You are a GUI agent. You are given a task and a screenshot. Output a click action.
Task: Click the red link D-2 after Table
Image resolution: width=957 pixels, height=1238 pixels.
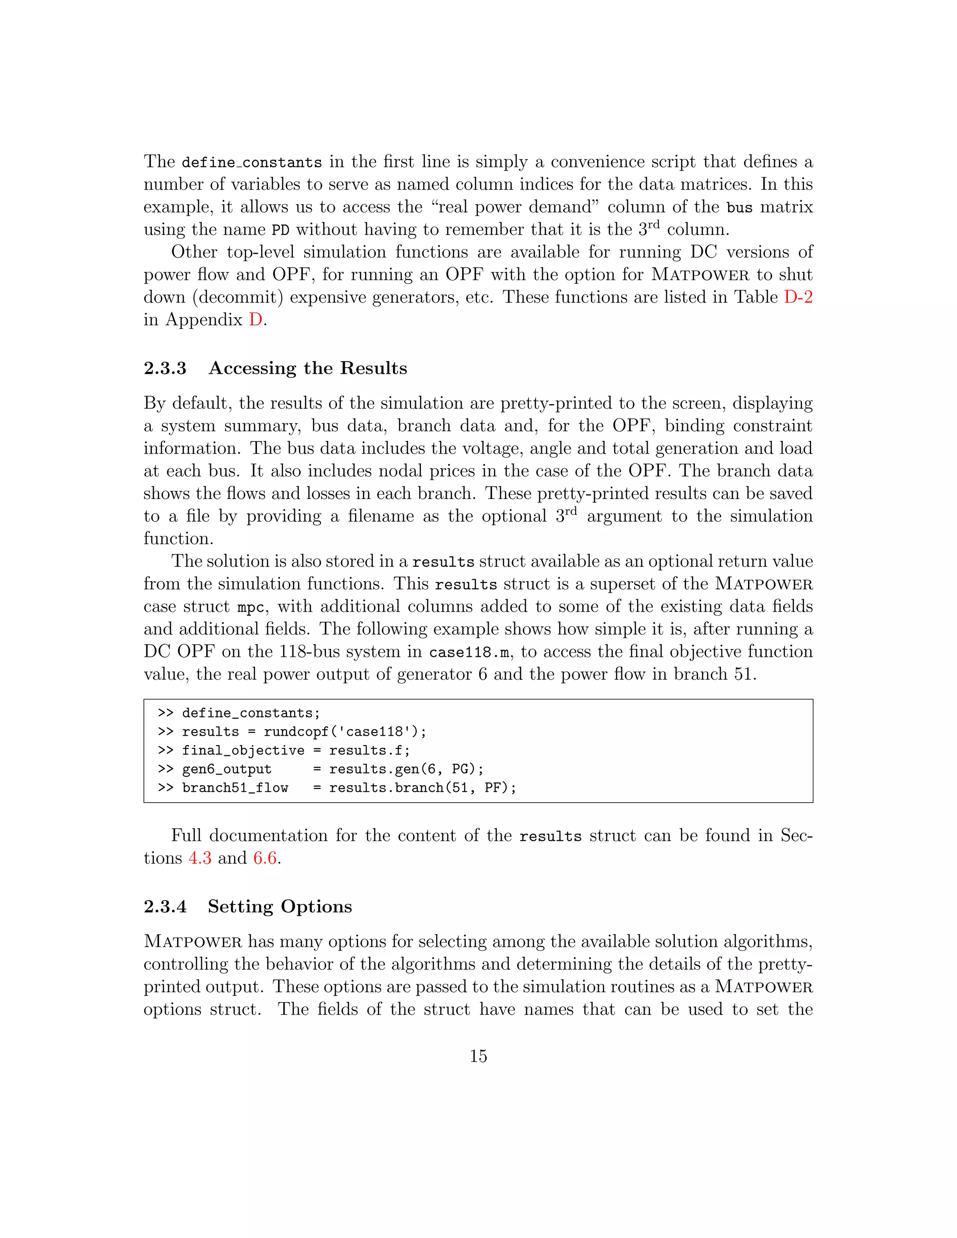click(798, 297)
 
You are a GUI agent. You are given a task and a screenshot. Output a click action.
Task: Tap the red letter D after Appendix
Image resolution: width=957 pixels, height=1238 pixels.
click(255, 320)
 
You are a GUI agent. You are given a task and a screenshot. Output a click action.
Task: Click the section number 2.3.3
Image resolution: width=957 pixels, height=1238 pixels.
click(165, 369)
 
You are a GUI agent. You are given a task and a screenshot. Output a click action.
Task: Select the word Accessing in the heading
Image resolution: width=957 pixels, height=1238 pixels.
click(252, 369)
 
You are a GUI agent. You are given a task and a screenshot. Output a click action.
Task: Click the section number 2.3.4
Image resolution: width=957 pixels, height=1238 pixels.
click(165, 906)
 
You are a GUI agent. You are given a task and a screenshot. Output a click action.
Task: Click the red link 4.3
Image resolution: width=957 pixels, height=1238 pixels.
click(200, 858)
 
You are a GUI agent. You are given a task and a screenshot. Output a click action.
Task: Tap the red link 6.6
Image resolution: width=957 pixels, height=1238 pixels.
click(265, 858)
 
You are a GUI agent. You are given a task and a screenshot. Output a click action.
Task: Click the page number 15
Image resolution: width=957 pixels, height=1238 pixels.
click(478, 1056)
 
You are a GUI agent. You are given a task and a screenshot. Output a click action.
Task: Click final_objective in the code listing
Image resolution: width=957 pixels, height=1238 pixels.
click(243, 751)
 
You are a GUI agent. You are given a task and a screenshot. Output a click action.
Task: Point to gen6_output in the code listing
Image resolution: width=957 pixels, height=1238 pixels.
click(227, 769)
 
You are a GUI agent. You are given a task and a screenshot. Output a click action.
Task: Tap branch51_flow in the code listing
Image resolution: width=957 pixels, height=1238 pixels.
click(236, 788)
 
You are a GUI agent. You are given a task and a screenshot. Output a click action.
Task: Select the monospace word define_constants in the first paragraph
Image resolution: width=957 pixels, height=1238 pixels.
click(252, 163)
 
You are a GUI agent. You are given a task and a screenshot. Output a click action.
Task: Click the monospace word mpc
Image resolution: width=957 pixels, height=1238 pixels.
click(250, 608)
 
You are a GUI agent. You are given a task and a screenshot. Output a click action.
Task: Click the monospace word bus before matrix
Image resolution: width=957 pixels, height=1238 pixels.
click(739, 207)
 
